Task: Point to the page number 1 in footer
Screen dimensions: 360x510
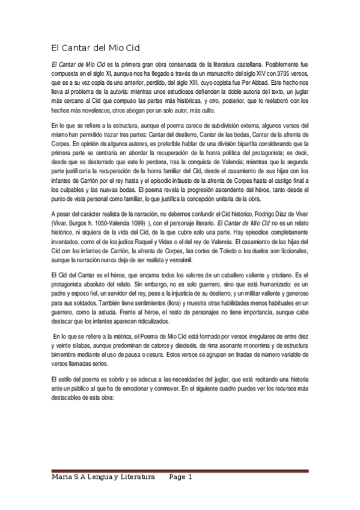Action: tap(189, 477)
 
